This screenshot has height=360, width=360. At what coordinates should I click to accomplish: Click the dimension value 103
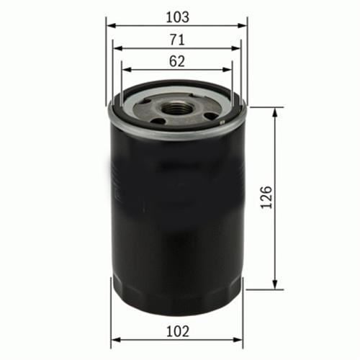(178, 17)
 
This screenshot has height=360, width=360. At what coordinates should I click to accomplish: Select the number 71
(177, 40)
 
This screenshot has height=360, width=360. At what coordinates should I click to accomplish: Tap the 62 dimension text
(177, 61)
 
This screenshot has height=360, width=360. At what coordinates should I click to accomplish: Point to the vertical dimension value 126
(266, 197)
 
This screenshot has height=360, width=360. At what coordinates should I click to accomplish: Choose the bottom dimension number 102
(178, 331)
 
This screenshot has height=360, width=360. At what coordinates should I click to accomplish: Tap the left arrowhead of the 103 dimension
(112, 26)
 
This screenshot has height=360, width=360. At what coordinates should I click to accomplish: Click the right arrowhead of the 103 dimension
(242, 26)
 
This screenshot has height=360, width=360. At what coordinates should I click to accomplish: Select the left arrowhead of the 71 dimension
(118, 49)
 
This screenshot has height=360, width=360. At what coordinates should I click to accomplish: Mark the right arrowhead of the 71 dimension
(235, 49)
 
